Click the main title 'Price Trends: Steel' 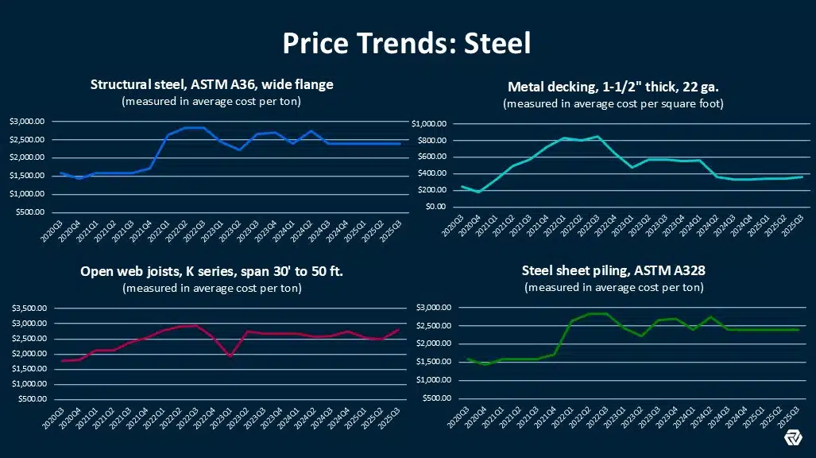[x=407, y=42]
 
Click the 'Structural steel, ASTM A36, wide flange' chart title [x=211, y=84]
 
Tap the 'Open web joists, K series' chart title [x=211, y=272]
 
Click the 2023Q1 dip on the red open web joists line [x=230, y=356]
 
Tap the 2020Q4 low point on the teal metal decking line [x=479, y=192]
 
